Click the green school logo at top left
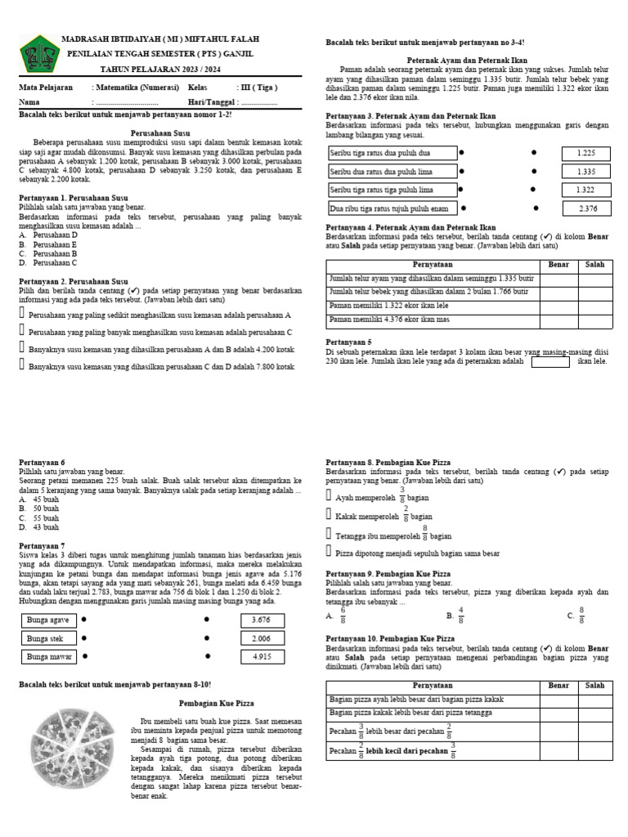coord(37,58)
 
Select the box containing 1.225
coord(585,153)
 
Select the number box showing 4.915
coord(262,656)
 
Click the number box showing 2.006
coord(262,638)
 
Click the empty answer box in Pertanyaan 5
coord(550,360)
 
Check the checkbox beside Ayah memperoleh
coord(330,495)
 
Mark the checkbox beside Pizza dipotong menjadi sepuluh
coord(330,553)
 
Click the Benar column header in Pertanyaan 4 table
coord(559,265)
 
